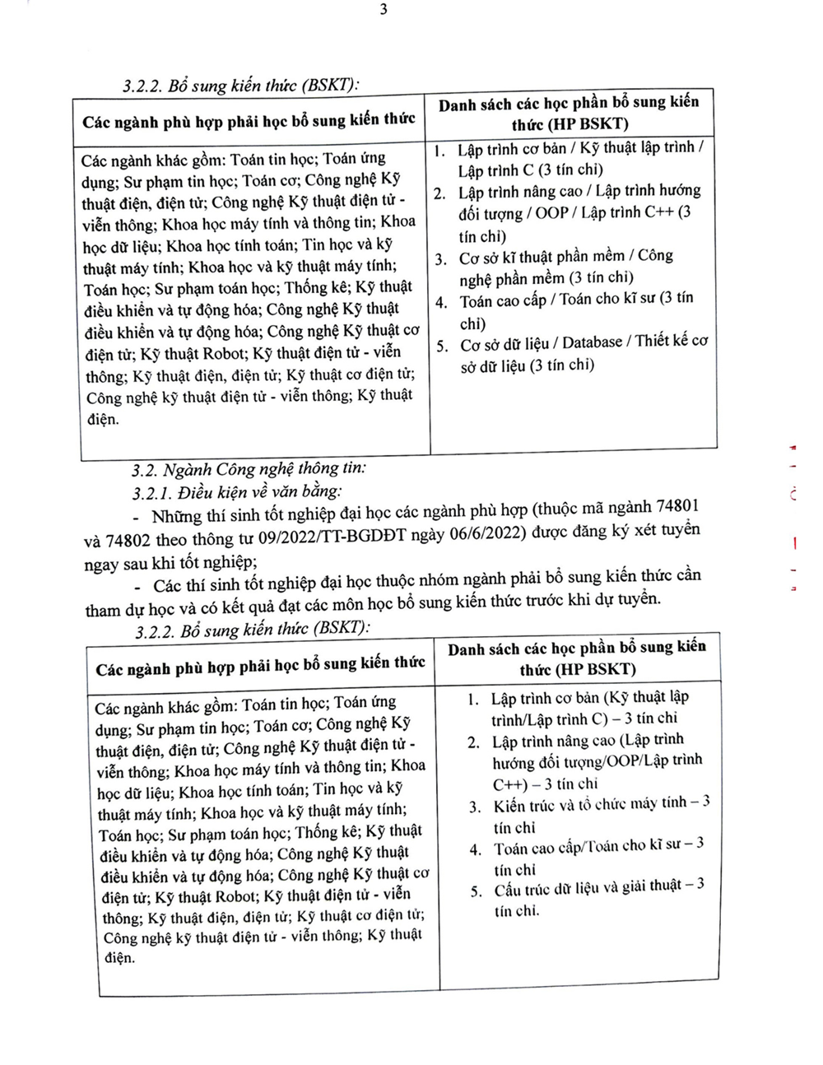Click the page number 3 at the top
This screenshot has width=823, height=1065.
[384, 10]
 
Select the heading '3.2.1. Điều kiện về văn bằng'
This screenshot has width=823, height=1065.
[238, 492]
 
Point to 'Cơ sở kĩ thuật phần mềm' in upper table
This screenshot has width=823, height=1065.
[538, 258]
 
